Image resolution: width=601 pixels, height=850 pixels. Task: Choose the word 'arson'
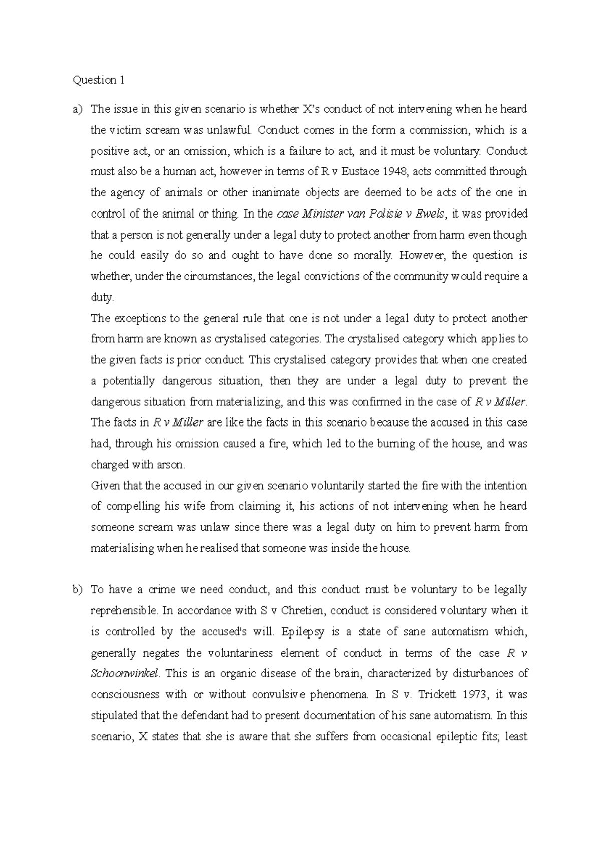(172, 465)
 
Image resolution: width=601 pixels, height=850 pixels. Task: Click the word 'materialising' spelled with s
(122, 548)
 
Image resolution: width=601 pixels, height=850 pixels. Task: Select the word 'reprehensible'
(124, 611)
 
